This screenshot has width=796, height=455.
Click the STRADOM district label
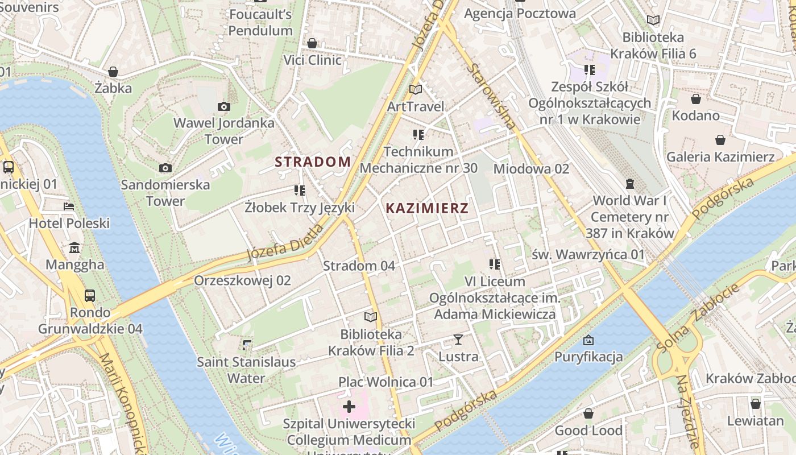313,162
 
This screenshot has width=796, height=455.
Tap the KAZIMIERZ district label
427,208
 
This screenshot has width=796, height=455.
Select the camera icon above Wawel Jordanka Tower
224,106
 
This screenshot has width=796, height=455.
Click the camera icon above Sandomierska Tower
165,168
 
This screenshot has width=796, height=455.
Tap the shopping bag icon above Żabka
113,72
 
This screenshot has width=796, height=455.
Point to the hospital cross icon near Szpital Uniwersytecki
349,407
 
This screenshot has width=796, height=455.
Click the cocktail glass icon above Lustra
458,340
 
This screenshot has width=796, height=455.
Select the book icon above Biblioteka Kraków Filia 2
371,317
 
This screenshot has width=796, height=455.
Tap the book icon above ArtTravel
416,89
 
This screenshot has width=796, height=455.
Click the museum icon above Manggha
74,248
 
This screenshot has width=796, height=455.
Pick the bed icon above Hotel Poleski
69,206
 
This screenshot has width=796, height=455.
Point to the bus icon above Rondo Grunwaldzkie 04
90,295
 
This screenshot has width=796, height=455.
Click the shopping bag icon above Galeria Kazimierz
720,140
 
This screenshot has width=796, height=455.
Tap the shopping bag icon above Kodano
695,99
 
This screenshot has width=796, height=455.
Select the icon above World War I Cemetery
630,183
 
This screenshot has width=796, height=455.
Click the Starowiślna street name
492,96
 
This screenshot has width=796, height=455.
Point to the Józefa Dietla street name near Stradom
286,242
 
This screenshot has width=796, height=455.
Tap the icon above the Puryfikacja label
588,340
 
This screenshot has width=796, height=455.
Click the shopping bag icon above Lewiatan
755,404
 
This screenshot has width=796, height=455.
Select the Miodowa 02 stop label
531,169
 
